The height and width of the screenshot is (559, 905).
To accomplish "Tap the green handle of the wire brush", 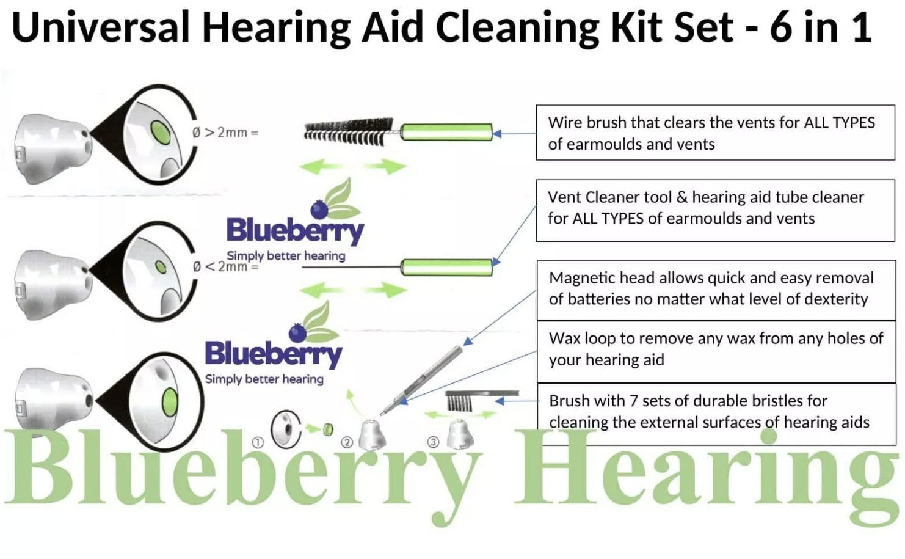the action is coord(446,132).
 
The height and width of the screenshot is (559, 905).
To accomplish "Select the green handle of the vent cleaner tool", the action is coord(446,267).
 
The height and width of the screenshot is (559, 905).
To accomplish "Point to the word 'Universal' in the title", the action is coord(101,27).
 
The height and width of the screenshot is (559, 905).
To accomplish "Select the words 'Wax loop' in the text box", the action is coord(582,338).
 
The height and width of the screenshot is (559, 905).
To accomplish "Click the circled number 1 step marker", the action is coord(258,442).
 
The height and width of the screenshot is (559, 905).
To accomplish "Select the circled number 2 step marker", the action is coord(347,442).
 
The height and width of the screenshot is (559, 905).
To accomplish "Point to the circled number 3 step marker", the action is coord(433,442).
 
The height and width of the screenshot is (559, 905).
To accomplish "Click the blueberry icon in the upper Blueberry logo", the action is coord(319,210).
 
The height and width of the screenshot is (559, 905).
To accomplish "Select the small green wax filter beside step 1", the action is coord(328,429).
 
